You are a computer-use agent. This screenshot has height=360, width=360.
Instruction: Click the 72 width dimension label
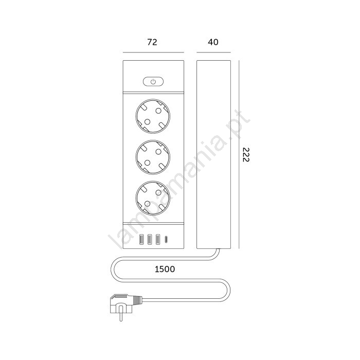[152, 42]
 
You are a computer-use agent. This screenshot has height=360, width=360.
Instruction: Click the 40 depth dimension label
[213, 42]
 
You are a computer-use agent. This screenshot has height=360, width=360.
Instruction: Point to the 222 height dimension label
[246, 154]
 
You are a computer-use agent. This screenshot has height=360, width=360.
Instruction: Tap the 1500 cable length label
[165, 269]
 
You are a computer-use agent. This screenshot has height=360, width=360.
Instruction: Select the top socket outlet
[153, 116]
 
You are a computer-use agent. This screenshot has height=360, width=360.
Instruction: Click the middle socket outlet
[153, 157]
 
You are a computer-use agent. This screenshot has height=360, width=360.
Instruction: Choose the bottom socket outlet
[153, 198]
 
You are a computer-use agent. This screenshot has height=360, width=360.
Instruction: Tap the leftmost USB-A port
[141, 240]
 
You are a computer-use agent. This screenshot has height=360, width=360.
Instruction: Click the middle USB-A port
[150, 240]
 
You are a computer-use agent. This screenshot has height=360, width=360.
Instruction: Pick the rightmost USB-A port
[158, 240]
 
